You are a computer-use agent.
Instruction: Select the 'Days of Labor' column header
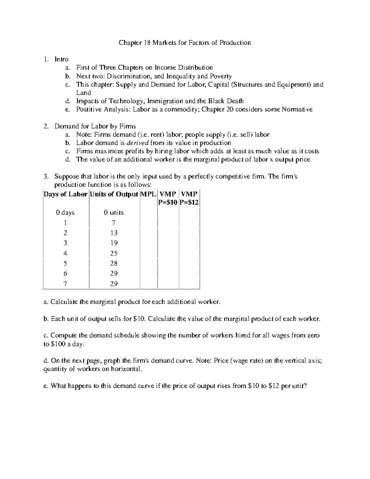tap(65, 194)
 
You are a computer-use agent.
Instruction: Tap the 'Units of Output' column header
tap(114, 194)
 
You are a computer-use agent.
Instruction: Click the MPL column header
tap(148, 194)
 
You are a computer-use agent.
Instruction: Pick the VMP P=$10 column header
tap(168, 198)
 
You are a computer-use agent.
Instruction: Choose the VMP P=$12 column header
tap(189, 198)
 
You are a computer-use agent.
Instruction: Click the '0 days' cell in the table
tap(65, 213)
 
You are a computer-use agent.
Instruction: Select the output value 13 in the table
tap(114, 233)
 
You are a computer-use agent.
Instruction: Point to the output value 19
tap(114, 243)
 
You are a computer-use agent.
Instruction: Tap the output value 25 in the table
tap(114, 253)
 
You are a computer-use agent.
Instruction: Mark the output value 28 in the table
tap(114, 263)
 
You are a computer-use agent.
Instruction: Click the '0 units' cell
tap(114, 213)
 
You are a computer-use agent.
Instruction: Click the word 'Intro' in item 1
tap(61, 59)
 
